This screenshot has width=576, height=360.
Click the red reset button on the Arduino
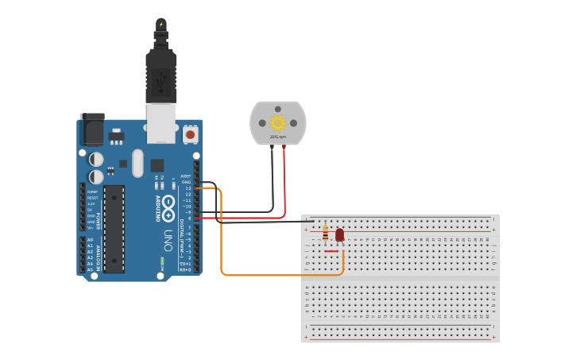pos(191,134)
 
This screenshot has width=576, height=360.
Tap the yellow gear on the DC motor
pos(277,122)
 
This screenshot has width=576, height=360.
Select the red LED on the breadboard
pos(339,234)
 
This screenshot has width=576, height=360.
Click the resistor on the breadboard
pos(325,233)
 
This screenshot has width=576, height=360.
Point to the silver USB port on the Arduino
pos(161,123)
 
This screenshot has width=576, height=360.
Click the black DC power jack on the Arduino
pos(91,129)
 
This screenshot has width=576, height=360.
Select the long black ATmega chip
pos(114,228)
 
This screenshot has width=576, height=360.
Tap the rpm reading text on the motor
pos(277,137)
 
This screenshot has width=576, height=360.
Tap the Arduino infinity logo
pos(168,208)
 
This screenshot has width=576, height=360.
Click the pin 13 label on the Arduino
pos(188,188)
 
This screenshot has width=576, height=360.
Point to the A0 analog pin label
pos(90,239)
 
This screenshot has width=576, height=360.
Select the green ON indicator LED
pos(162,261)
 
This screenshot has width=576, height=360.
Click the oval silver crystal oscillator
pos(137,163)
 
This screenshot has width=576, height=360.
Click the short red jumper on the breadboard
pos(331,251)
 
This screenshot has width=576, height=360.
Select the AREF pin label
pos(186,176)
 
